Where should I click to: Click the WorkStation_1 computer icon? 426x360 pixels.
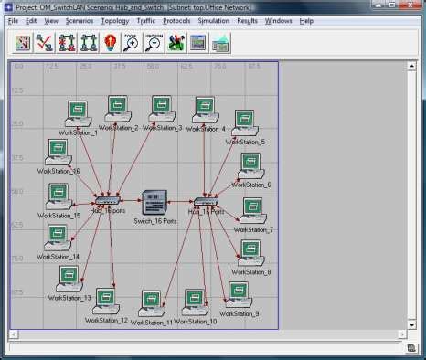pyautogui.click(x=78, y=114)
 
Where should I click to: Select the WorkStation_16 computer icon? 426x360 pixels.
pyautogui.click(x=59, y=152)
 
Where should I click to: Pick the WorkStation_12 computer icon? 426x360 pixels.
pyautogui.click(x=107, y=301)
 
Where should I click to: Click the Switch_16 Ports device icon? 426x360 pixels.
pyautogui.click(x=154, y=202)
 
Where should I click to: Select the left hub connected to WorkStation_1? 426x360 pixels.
pyautogui.click(x=107, y=201)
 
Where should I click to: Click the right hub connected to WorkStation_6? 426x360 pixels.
pyautogui.click(x=206, y=201)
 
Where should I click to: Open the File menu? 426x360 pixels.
pyautogui.click(x=13, y=20)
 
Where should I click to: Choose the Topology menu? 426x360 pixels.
pyautogui.click(x=115, y=20)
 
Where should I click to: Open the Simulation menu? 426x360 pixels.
pyautogui.click(x=213, y=20)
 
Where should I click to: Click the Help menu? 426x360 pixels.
pyautogui.click(x=306, y=20)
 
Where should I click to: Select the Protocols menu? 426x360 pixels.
pyautogui.click(x=177, y=20)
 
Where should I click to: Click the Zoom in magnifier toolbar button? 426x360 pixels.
pyautogui.click(x=132, y=42)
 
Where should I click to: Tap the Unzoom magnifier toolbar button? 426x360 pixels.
pyautogui.click(x=154, y=42)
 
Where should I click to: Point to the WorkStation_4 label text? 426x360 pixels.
pyautogui.click(x=206, y=130)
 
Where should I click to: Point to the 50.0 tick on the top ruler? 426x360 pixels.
pyautogui.click(x=153, y=67)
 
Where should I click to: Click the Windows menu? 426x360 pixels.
pyautogui.click(x=279, y=20)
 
